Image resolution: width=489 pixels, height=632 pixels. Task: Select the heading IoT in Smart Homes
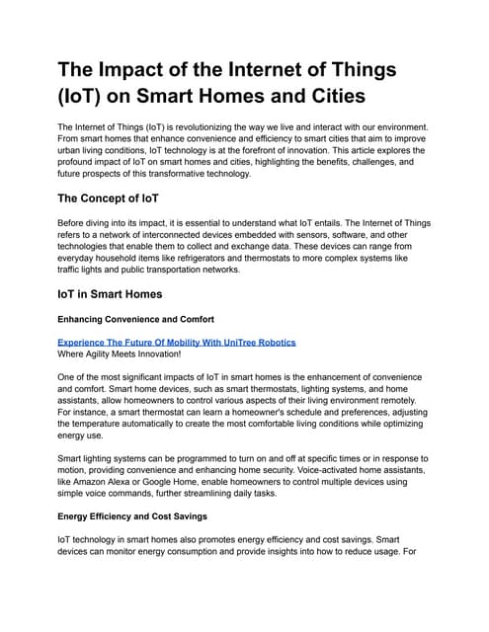click(117, 293)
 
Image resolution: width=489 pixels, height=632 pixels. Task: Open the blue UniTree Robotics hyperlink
click(176, 342)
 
